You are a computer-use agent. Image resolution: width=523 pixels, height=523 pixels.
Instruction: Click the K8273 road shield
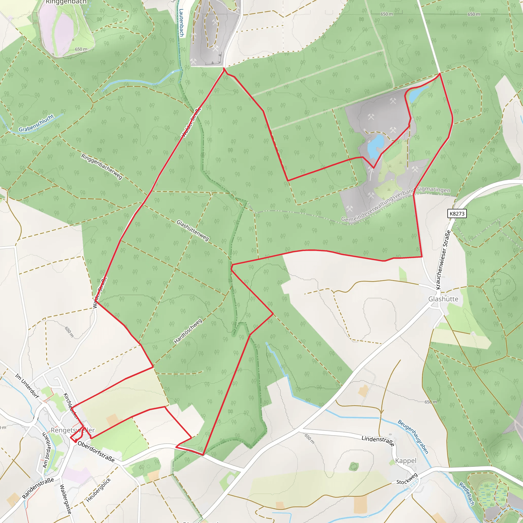point(457,213)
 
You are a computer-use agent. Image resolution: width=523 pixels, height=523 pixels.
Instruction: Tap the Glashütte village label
point(443,299)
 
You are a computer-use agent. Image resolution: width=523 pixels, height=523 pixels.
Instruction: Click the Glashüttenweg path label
point(193,230)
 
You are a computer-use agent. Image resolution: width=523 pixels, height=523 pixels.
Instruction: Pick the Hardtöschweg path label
point(188,331)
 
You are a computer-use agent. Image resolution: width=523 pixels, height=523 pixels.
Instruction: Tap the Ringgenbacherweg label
point(102,166)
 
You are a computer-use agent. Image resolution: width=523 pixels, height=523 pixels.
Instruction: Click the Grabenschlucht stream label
point(36,123)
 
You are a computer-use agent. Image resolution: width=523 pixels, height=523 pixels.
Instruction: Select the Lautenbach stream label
point(181,23)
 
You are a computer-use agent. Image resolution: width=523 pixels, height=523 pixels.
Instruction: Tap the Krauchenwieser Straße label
point(443,260)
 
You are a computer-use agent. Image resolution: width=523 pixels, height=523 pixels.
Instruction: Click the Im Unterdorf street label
point(27,386)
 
